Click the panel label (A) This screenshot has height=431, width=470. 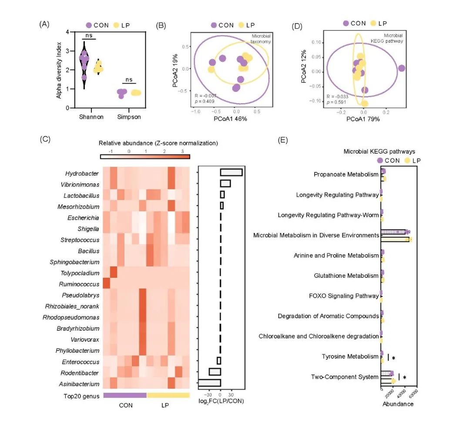point(44,25)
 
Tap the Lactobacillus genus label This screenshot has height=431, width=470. point(81,195)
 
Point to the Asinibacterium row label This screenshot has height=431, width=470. point(80,384)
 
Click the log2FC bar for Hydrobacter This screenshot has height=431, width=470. point(231,173)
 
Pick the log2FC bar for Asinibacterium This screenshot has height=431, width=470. point(210,383)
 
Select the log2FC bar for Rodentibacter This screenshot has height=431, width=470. point(215,372)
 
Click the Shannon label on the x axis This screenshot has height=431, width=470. point(91,117)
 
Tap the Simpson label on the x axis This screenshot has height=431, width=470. point(129,117)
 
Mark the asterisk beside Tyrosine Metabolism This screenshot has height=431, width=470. point(393,358)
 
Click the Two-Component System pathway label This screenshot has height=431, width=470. point(344,377)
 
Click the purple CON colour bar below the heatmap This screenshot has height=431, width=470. point(125,395)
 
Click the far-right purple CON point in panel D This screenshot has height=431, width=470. point(401,68)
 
